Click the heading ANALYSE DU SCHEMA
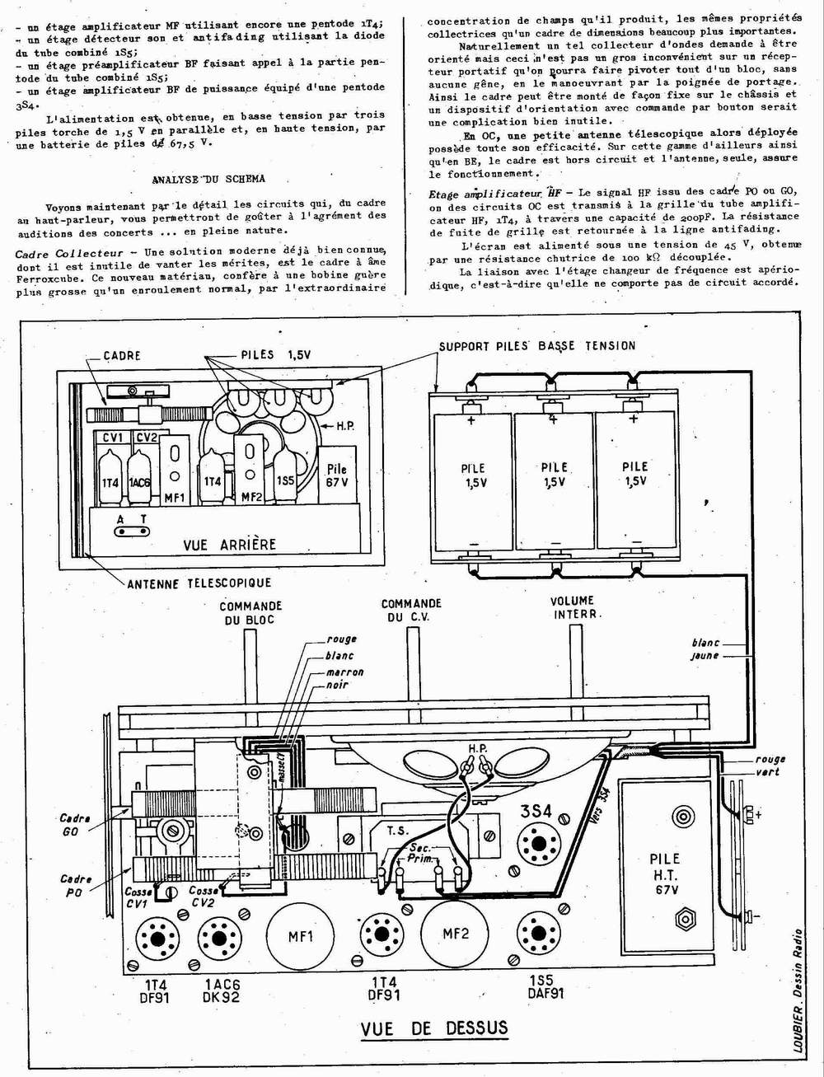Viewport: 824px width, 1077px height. click(x=208, y=179)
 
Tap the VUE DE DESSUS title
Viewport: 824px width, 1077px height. click(x=434, y=1028)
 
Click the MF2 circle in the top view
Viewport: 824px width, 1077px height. click(x=456, y=934)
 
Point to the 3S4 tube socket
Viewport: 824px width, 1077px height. click(x=536, y=843)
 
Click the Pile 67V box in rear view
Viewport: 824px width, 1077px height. click(x=337, y=475)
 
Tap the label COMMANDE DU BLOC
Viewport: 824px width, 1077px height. click(x=250, y=613)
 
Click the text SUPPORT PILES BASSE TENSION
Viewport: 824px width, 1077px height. click(x=536, y=346)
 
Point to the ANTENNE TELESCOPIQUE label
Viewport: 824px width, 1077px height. click(x=199, y=583)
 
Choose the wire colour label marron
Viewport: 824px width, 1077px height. click(x=344, y=672)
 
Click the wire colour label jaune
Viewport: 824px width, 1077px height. click(x=705, y=656)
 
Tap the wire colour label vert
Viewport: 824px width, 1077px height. click(x=767, y=772)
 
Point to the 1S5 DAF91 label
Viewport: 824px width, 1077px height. click(x=545, y=986)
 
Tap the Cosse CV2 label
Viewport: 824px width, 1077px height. click(x=204, y=896)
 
